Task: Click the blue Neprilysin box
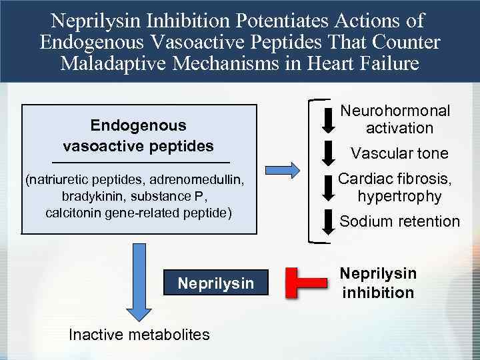tap(215, 283)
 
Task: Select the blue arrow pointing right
tap(281, 167)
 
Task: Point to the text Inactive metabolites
tap(139, 334)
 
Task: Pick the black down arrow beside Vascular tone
tap(329, 152)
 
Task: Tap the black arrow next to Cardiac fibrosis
tap(329, 187)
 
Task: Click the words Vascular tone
tap(399, 153)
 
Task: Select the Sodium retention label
tap(399, 221)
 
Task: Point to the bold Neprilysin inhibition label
tap(378, 283)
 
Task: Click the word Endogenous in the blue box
tap(138, 125)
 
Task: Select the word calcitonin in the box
tap(73, 213)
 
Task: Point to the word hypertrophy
tap(399, 196)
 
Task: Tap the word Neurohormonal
tap(396, 111)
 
